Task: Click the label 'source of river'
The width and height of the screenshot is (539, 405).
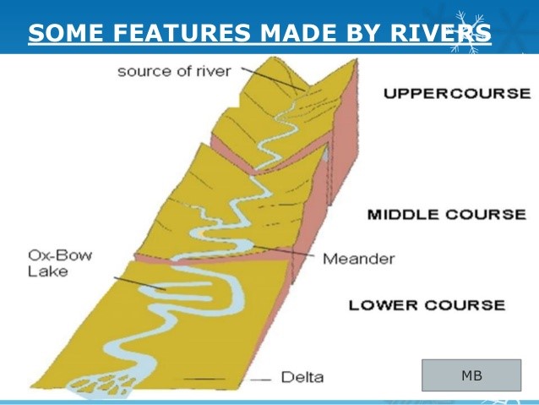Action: click(x=173, y=71)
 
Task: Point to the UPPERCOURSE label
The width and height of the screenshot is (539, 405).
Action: click(x=457, y=93)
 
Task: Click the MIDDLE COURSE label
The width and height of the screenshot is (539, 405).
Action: click(x=446, y=214)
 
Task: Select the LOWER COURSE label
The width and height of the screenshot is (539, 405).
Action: click(x=427, y=305)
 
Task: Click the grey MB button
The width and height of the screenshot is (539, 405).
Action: click(x=471, y=375)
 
